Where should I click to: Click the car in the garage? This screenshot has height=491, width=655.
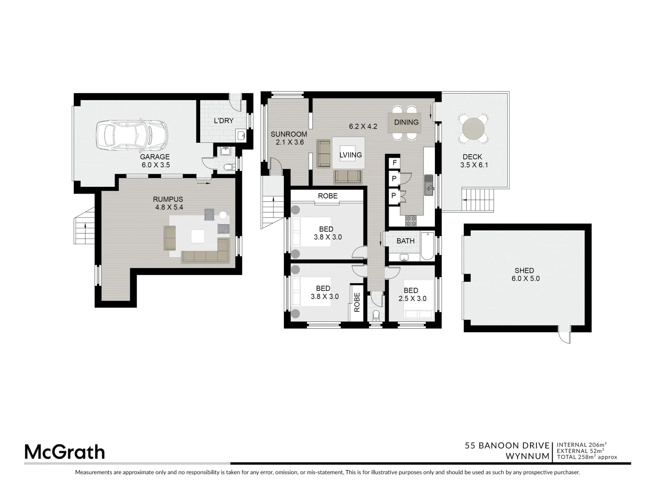click(x=131, y=135)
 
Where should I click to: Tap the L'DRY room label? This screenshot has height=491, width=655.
click(x=224, y=121)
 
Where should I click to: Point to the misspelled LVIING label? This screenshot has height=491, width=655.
click(x=351, y=155)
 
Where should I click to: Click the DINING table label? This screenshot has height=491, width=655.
click(x=406, y=122)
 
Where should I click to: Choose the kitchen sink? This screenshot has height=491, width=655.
click(x=429, y=185)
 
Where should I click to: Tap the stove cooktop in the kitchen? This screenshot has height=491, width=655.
click(x=411, y=220)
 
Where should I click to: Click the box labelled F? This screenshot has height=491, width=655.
click(x=394, y=163)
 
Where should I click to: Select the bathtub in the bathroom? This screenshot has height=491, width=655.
click(x=427, y=246)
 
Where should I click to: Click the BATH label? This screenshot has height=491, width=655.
click(x=405, y=241)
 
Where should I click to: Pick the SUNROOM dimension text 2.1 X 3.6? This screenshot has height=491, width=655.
click(x=290, y=142)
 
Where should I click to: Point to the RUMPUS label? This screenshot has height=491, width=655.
click(x=168, y=199)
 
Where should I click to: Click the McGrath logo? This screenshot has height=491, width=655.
click(x=64, y=452)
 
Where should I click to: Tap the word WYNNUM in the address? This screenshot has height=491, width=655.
click(x=528, y=456)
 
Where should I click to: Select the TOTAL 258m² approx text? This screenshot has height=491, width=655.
click(x=587, y=457)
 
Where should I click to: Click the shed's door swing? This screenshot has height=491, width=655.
click(x=564, y=337)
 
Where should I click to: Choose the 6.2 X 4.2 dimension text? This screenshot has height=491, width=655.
click(x=363, y=126)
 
